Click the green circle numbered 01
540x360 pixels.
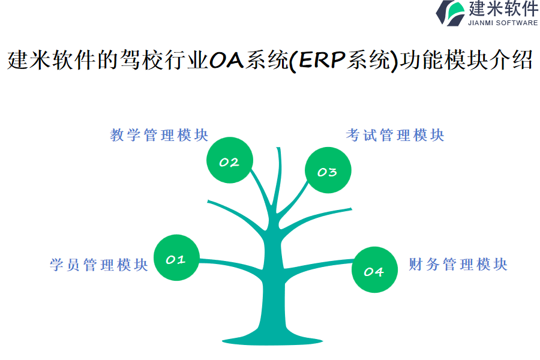pos(176,257)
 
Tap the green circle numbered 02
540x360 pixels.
pos(230,160)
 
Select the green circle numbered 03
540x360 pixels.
pos(328,170)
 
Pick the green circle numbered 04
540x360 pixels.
pos(374,270)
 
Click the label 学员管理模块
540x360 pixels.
pos(99,265)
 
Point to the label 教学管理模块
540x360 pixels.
pos(159,135)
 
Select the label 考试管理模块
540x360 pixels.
pos(395,135)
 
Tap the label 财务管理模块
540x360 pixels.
pos(458,265)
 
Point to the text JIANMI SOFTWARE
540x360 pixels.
pos(503,23)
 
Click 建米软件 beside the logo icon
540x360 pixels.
pos(503,8)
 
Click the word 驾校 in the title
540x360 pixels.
pos(142,60)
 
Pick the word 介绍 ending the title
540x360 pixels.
pos(511,60)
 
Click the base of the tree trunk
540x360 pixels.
pos(272,340)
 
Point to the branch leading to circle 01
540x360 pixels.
pos(232,265)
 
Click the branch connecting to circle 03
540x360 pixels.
pos(293,200)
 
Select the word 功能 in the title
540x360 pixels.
pos(422,60)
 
